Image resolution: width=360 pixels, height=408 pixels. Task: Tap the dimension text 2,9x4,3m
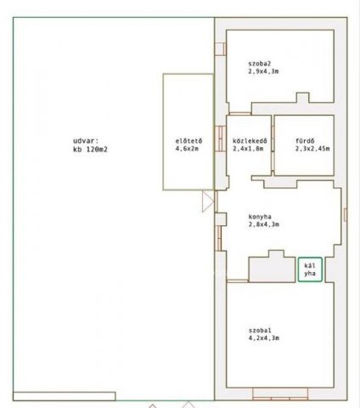263,71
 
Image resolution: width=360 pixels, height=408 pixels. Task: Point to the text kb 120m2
90,150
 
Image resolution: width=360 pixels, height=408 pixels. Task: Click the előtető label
188,141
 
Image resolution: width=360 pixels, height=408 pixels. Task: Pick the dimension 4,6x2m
187,149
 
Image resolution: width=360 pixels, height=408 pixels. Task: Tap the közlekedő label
250,141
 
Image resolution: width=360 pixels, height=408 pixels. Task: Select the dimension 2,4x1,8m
248,149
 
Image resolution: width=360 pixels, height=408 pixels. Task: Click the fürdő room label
305,141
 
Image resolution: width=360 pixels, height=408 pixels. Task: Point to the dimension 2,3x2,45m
312,149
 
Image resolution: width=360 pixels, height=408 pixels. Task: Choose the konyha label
260,217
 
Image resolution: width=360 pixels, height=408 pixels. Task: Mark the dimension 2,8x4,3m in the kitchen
264,224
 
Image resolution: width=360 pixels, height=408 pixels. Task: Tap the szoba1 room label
260,331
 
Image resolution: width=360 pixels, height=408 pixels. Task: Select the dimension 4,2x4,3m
264,338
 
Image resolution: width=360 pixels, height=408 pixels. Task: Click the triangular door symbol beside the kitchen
208,201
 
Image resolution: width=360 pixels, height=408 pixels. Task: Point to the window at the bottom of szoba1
280,394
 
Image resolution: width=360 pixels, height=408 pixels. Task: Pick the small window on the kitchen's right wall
346,214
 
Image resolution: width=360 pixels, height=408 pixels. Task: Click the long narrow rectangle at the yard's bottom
65,396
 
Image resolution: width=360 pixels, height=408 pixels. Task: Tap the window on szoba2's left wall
221,48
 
